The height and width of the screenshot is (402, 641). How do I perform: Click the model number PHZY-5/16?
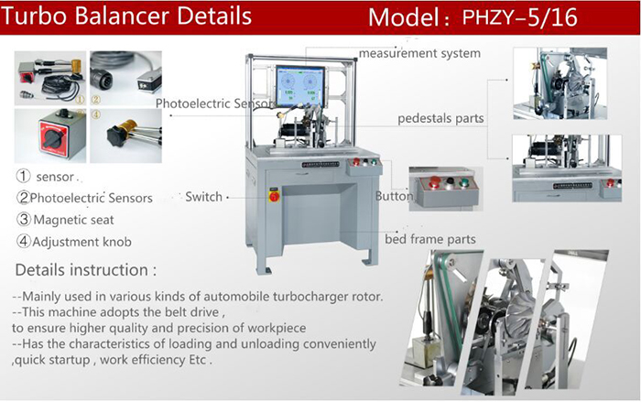pos(519,17)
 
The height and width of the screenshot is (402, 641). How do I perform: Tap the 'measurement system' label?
pos(419,53)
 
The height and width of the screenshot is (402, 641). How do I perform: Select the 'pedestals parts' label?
pos(440,118)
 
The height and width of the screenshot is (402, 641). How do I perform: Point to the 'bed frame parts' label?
pos(430,239)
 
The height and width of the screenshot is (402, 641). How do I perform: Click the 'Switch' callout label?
pos(203,197)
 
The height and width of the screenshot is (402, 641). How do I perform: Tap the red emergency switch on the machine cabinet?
pos(274,196)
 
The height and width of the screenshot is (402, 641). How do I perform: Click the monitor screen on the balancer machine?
pos(300,85)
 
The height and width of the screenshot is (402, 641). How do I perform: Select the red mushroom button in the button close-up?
pos(435,180)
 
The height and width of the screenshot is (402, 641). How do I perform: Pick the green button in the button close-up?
pos(463,180)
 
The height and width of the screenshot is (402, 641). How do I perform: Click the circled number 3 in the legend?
pos(23,220)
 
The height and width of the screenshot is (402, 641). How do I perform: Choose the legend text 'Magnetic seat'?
pos(73,220)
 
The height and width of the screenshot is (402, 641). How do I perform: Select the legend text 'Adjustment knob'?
pos(81,242)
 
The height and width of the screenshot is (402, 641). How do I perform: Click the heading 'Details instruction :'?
pos(86,270)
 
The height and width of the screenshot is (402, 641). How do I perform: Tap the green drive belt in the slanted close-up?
pos(448,299)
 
